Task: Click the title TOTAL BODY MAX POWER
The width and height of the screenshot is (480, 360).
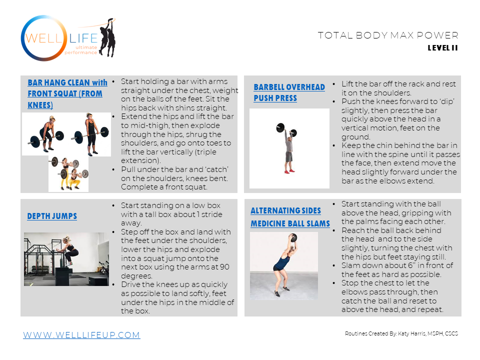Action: (388, 35)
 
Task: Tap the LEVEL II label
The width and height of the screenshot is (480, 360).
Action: (442, 48)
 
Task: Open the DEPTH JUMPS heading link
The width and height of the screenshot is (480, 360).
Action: (52, 216)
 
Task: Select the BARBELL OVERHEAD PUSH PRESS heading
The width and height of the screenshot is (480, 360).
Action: (289, 92)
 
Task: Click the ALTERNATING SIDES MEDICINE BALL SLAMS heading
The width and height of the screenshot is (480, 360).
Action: (290, 217)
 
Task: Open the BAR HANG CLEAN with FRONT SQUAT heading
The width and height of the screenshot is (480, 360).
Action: (67, 93)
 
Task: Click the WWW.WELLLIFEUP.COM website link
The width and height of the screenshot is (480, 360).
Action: (81, 335)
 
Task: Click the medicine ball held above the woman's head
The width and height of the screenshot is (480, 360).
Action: (293, 237)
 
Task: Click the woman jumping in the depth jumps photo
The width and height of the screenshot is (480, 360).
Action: (70, 250)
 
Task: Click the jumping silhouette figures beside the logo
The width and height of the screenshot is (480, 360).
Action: (107, 37)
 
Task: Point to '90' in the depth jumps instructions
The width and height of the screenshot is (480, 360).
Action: (224, 267)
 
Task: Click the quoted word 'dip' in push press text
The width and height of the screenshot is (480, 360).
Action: (447, 101)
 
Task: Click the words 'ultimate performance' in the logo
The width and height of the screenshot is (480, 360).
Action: (81, 50)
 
